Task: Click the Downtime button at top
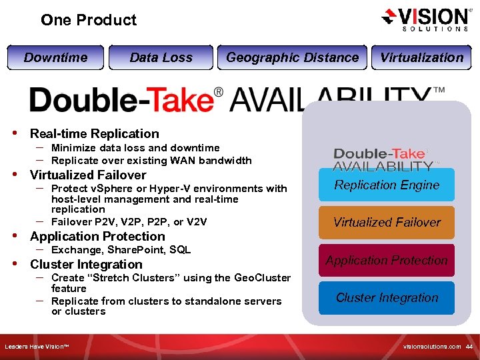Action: [56, 57]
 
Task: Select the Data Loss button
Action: [161, 57]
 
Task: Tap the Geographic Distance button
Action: [292, 57]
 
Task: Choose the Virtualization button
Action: [421, 57]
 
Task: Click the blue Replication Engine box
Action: [387, 185]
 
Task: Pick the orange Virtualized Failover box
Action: [387, 223]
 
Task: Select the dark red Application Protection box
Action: [387, 260]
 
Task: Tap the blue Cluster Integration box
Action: [387, 297]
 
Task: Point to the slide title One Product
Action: [89, 20]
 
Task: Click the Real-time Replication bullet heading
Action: [95, 134]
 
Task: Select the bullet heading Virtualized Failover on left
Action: [88, 175]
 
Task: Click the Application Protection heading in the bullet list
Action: [97, 237]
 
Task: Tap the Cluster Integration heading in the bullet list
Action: [86, 265]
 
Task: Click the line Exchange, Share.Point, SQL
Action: [121, 250]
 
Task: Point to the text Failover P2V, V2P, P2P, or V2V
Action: [129, 222]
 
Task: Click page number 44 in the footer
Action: [469, 347]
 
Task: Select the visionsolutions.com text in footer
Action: [432, 347]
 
